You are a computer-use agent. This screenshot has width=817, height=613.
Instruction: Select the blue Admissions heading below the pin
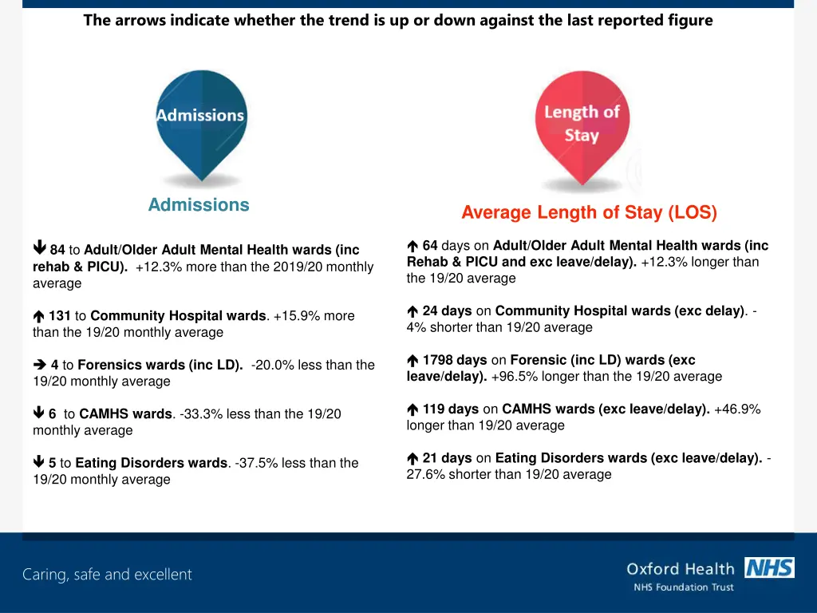(199, 205)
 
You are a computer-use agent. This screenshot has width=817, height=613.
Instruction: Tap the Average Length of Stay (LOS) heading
(589, 212)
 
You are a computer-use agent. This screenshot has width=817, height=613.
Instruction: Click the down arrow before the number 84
(39, 250)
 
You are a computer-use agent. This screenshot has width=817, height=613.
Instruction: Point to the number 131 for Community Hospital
(60, 316)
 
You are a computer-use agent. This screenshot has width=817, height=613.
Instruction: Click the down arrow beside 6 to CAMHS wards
(39, 413)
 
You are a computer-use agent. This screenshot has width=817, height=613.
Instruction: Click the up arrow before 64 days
(412, 247)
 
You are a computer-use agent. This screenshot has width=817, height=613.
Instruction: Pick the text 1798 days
(455, 360)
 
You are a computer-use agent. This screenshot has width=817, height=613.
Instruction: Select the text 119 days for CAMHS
(451, 409)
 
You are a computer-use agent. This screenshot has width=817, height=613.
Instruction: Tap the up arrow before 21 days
(412, 459)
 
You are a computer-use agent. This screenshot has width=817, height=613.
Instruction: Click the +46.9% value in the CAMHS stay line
(737, 409)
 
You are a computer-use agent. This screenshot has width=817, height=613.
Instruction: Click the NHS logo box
(769, 568)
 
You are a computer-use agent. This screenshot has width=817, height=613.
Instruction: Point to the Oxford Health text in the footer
(680, 569)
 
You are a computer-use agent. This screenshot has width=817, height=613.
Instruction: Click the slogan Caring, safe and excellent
(107, 575)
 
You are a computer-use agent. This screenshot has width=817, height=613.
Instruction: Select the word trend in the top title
(349, 21)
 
